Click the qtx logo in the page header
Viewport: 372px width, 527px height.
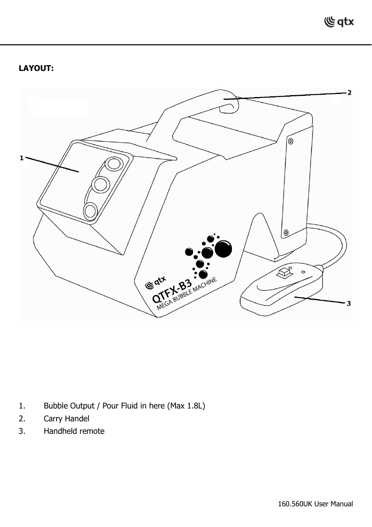[339, 22]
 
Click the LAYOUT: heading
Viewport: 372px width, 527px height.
[36, 68]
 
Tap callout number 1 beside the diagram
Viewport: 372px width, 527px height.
[22, 158]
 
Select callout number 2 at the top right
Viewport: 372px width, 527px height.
[349, 93]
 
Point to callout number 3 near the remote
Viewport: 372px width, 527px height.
[349, 303]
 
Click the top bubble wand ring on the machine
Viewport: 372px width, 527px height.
[113, 163]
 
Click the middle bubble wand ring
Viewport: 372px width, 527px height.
[100, 184]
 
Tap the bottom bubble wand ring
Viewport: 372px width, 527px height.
[90, 211]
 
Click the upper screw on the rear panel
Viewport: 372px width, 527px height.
[291, 141]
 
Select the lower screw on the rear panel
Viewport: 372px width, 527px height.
[286, 233]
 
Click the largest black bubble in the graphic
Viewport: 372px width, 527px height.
[223, 249]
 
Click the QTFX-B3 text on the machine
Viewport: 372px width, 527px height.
[172, 291]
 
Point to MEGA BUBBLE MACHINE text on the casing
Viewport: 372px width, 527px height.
[187, 294]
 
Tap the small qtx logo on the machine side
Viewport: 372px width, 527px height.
[155, 283]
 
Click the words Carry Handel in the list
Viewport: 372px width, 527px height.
[66, 419]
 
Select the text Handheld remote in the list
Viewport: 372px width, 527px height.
[74, 431]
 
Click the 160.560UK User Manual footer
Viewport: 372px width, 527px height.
[315, 504]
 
